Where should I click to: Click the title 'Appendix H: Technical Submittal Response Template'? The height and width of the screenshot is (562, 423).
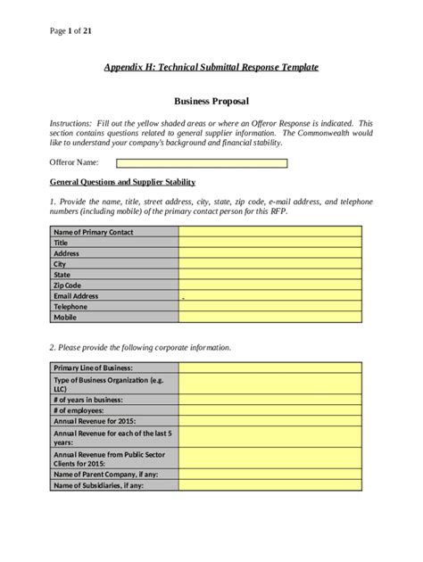pyautogui.click(x=211, y=67)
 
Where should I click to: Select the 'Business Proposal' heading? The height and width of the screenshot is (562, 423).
pyautogui.click(x=211, y=103)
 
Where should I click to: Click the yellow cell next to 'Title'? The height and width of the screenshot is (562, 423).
pyautogui.click(x=270, y=243)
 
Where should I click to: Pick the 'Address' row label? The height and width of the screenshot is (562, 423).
pyautogui.click(x=67, y=253)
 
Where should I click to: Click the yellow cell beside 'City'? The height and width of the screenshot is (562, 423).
pyautogui.click(x=270, y=264)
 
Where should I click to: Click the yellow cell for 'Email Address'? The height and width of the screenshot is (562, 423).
pyautogui.click(x=270, y=296)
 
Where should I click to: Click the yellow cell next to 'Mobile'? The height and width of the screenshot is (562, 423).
pyautogui.click(x=270, y=318)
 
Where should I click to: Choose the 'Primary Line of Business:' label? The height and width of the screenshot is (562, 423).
pyautogui.click(x=94, y=368)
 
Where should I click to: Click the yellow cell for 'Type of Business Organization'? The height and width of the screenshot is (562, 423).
pyautogui.click(x=270, y=384)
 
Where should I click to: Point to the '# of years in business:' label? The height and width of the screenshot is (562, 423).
pyautogui.click(x=89, y=400)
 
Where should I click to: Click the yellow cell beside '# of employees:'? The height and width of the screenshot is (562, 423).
pyautogui.click(x=270, y=410)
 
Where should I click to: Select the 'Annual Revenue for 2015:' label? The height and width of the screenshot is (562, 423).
pyautogui.click(x=93, y=421)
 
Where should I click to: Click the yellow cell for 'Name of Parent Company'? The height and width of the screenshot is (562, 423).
pyautogui.click(x=270, y=475)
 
